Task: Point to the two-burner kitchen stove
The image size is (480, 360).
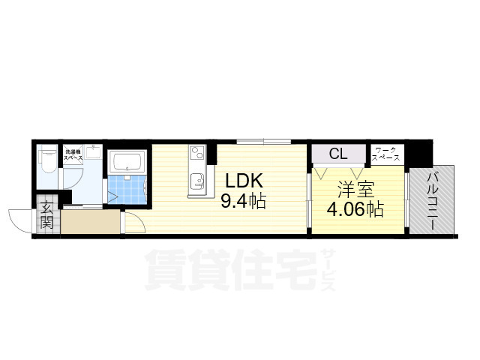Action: tap(196, 154)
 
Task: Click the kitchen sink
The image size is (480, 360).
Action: tap(197, 181)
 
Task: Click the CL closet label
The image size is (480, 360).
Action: tap(337, 154)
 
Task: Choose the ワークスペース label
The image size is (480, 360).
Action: tap(388, 154)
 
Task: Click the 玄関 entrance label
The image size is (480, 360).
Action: tap(46, 214)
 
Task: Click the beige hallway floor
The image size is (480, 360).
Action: tap(90, 223)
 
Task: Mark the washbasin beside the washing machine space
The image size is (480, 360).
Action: tap(94, 153)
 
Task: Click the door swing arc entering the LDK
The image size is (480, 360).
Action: tap(133, 223)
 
